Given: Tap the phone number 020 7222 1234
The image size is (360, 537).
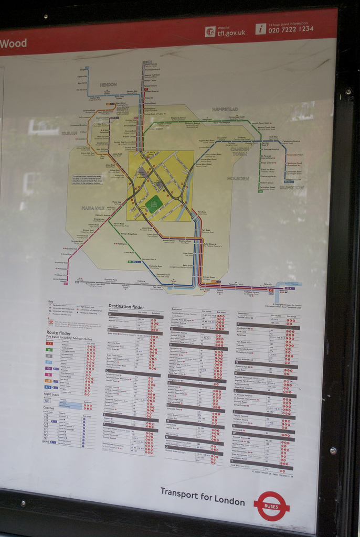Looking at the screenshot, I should (x=291, y=29).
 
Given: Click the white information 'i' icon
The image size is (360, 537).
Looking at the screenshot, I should (x=261, y=29).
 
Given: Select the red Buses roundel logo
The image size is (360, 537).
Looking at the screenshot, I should (x=271, y=506).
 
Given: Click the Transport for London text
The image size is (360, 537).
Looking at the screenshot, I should (x=202, y=497).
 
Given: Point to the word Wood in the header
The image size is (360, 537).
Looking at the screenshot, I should (x=14, y=44).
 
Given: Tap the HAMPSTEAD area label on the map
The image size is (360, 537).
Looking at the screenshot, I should (x=225, y=109).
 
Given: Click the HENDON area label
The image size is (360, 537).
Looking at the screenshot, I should (x=108, y=84).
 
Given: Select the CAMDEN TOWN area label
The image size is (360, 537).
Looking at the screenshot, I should (x=239, y=152).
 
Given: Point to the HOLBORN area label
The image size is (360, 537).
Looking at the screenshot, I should (x=238, y=179).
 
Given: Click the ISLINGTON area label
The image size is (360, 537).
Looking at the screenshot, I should (x=291, y=187).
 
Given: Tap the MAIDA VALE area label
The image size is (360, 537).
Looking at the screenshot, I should (x=93, y=208).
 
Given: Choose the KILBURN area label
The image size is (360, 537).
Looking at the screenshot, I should (x=69, y=133).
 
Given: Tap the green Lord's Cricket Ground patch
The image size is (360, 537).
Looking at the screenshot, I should (x=154, y=204).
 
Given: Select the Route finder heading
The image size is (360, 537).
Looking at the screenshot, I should (x=58, y=332).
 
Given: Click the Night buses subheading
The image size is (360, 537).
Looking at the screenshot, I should (x=51, y=394).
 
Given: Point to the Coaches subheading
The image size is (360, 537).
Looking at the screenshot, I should (x=49, y=407).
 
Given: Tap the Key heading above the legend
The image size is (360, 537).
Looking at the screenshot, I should (x=50, y=302).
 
